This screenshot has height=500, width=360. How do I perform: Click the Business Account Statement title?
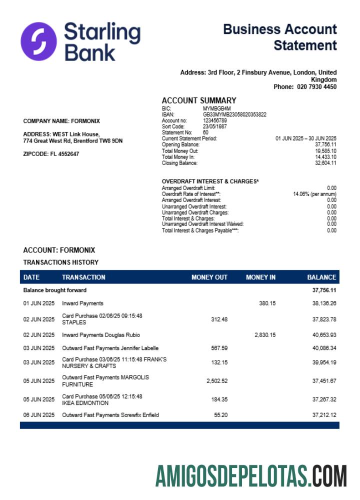pos(280,37)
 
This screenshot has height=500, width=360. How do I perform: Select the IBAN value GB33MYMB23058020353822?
pos(234,114)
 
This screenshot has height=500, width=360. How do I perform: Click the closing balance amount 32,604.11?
pos(325,163)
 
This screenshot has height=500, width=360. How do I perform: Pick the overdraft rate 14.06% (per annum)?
pos(314,194)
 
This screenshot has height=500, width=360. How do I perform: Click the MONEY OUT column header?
pos(209,277)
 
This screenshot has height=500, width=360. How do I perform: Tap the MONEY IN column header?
pos(260,277)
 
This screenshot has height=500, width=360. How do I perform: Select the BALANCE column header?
pos(321,277)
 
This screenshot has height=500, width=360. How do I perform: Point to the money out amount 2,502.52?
pos(217,381)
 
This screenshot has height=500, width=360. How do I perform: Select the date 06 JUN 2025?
pos(38,415)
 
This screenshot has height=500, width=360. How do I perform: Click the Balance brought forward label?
pos(55,290)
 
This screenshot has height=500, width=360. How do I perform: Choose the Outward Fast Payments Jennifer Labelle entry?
pos(110,348)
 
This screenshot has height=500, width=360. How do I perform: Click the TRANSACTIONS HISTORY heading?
pos(61,262)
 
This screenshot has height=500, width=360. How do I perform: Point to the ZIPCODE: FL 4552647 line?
pos(51,154)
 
